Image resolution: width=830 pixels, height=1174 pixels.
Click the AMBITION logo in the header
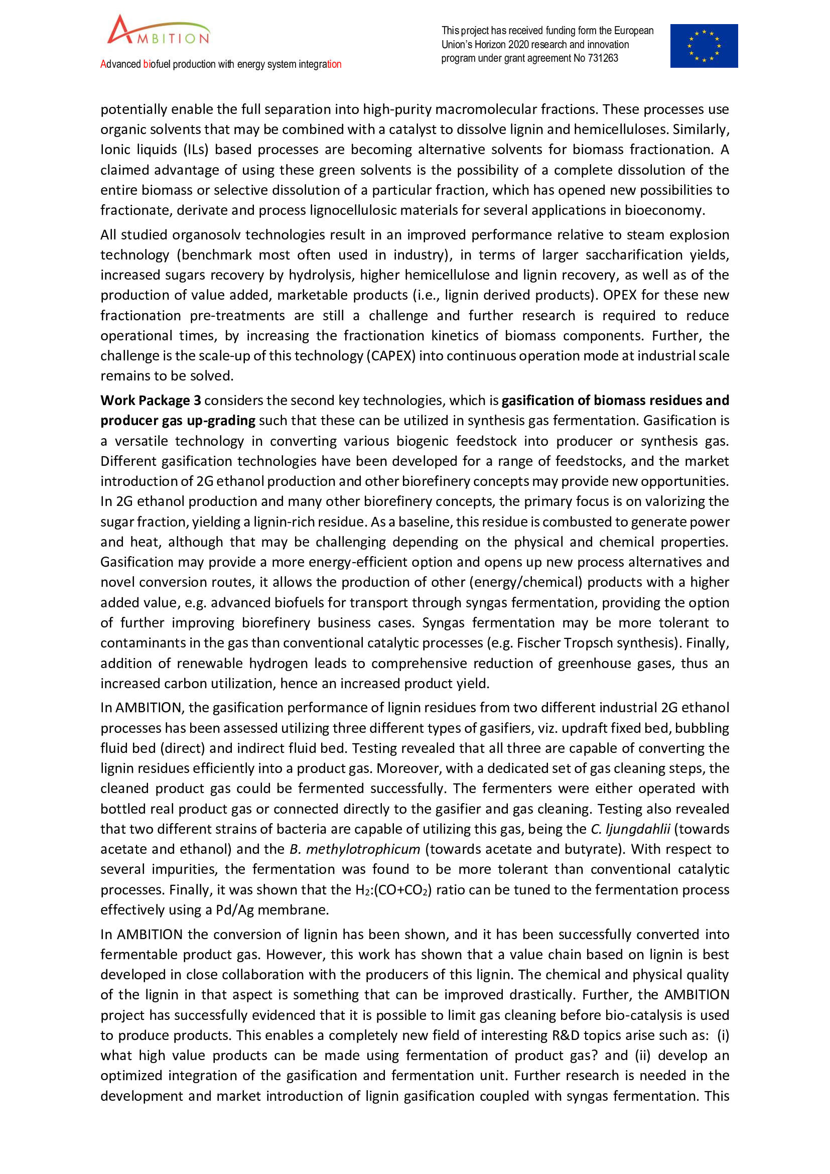coord(159,31)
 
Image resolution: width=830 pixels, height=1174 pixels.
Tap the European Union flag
coord(704,46)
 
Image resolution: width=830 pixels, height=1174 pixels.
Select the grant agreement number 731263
coord(603,58)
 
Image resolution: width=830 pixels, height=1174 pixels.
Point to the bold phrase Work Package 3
coord(151,401)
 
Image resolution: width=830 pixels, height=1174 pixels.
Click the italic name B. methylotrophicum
coord(355,849)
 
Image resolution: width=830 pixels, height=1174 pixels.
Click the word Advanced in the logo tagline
coord(120,64)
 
